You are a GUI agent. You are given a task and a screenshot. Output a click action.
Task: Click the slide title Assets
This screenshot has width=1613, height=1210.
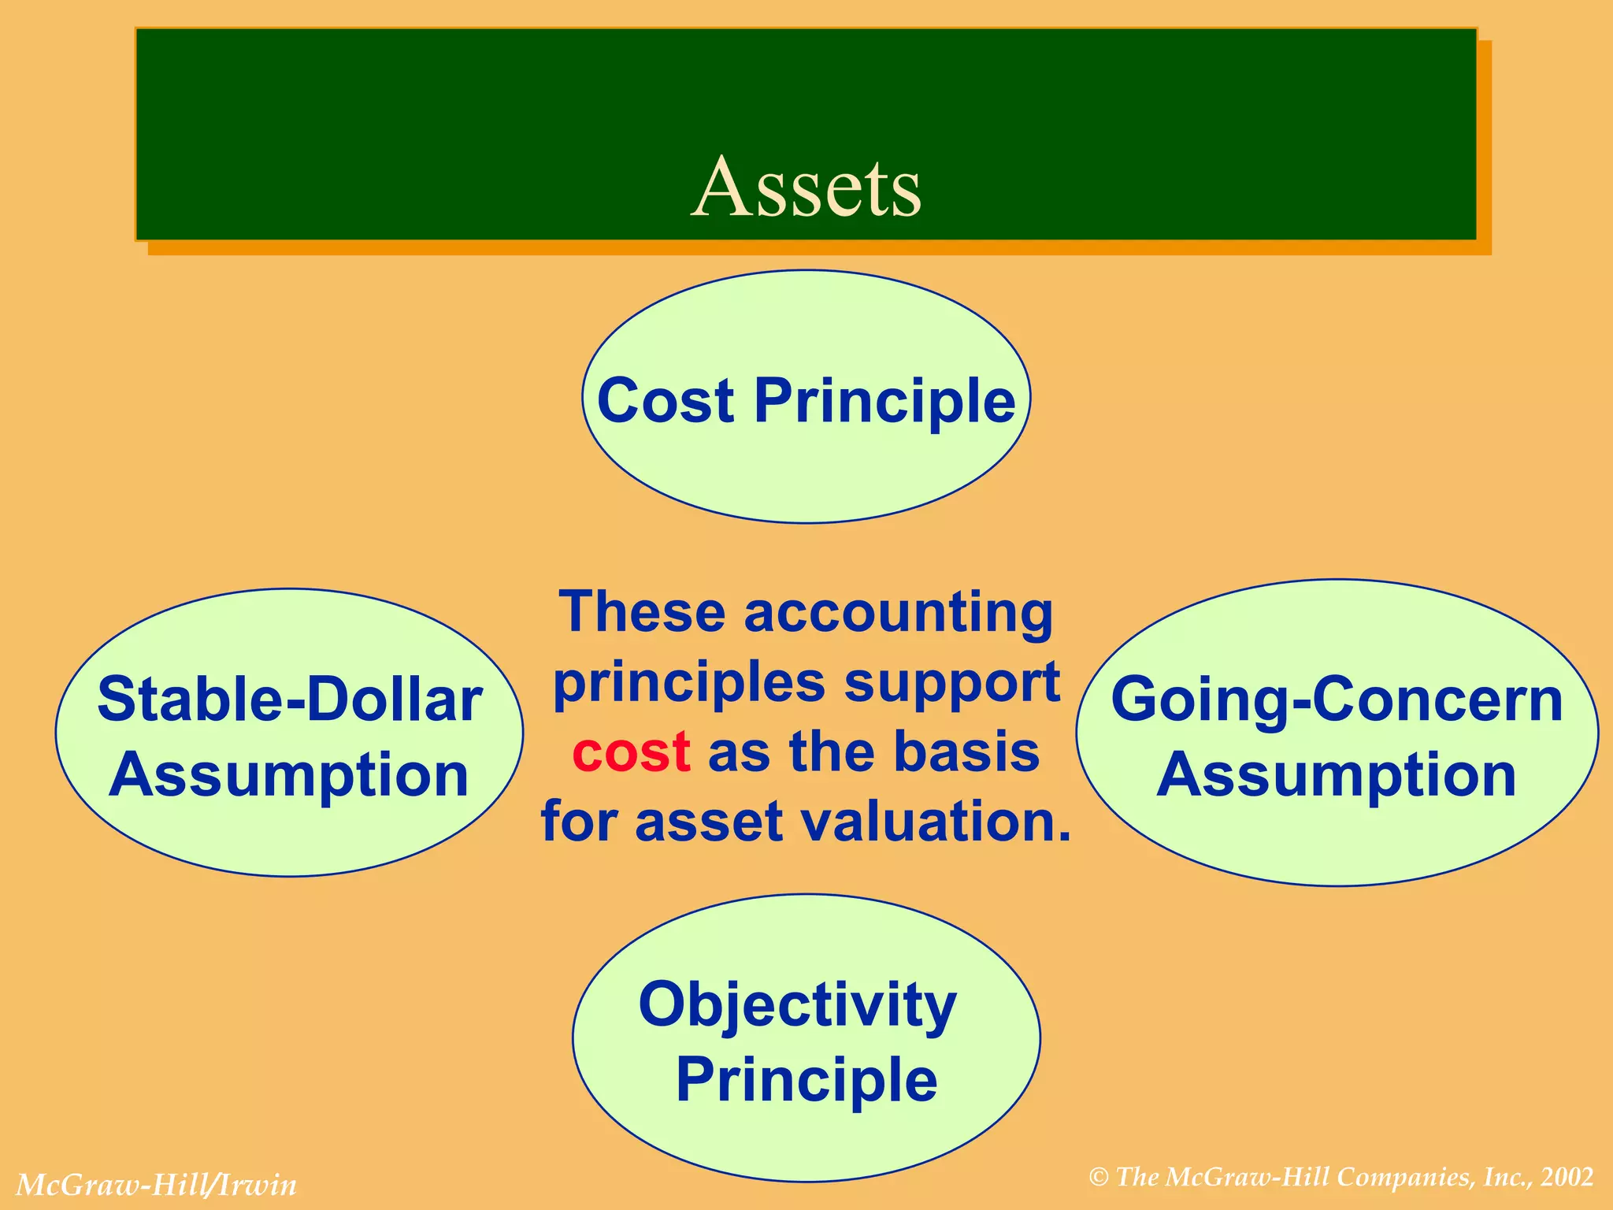coord(806,187)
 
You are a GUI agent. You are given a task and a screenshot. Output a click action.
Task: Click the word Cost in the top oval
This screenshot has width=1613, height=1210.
coord(666,401)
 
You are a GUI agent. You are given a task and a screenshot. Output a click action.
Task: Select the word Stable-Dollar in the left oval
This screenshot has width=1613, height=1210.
coord(289,700)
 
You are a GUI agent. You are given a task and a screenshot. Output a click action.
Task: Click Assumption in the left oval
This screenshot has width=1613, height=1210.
coord(289,774)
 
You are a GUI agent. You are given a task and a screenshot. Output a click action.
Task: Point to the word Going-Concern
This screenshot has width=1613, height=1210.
coord(1337,700)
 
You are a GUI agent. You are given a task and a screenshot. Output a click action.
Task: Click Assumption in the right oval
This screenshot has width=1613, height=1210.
coord(1337,774)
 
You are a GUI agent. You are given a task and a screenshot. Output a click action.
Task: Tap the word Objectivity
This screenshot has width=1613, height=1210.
coord(797,1006)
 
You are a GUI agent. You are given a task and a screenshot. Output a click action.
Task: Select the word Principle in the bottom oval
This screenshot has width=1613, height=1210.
coord(806,1080)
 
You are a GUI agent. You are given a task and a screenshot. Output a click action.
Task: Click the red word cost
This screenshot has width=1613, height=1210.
coord(632,752)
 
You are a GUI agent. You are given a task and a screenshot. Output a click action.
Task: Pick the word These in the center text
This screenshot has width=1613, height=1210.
coord(641,612)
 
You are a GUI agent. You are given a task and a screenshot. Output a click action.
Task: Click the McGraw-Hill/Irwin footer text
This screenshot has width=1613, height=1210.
coord(156,1185)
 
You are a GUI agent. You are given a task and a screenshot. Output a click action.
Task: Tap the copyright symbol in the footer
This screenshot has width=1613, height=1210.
coord(1099,1178)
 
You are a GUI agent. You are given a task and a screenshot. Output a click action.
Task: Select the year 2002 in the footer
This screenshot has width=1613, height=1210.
coord(1567,1177)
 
